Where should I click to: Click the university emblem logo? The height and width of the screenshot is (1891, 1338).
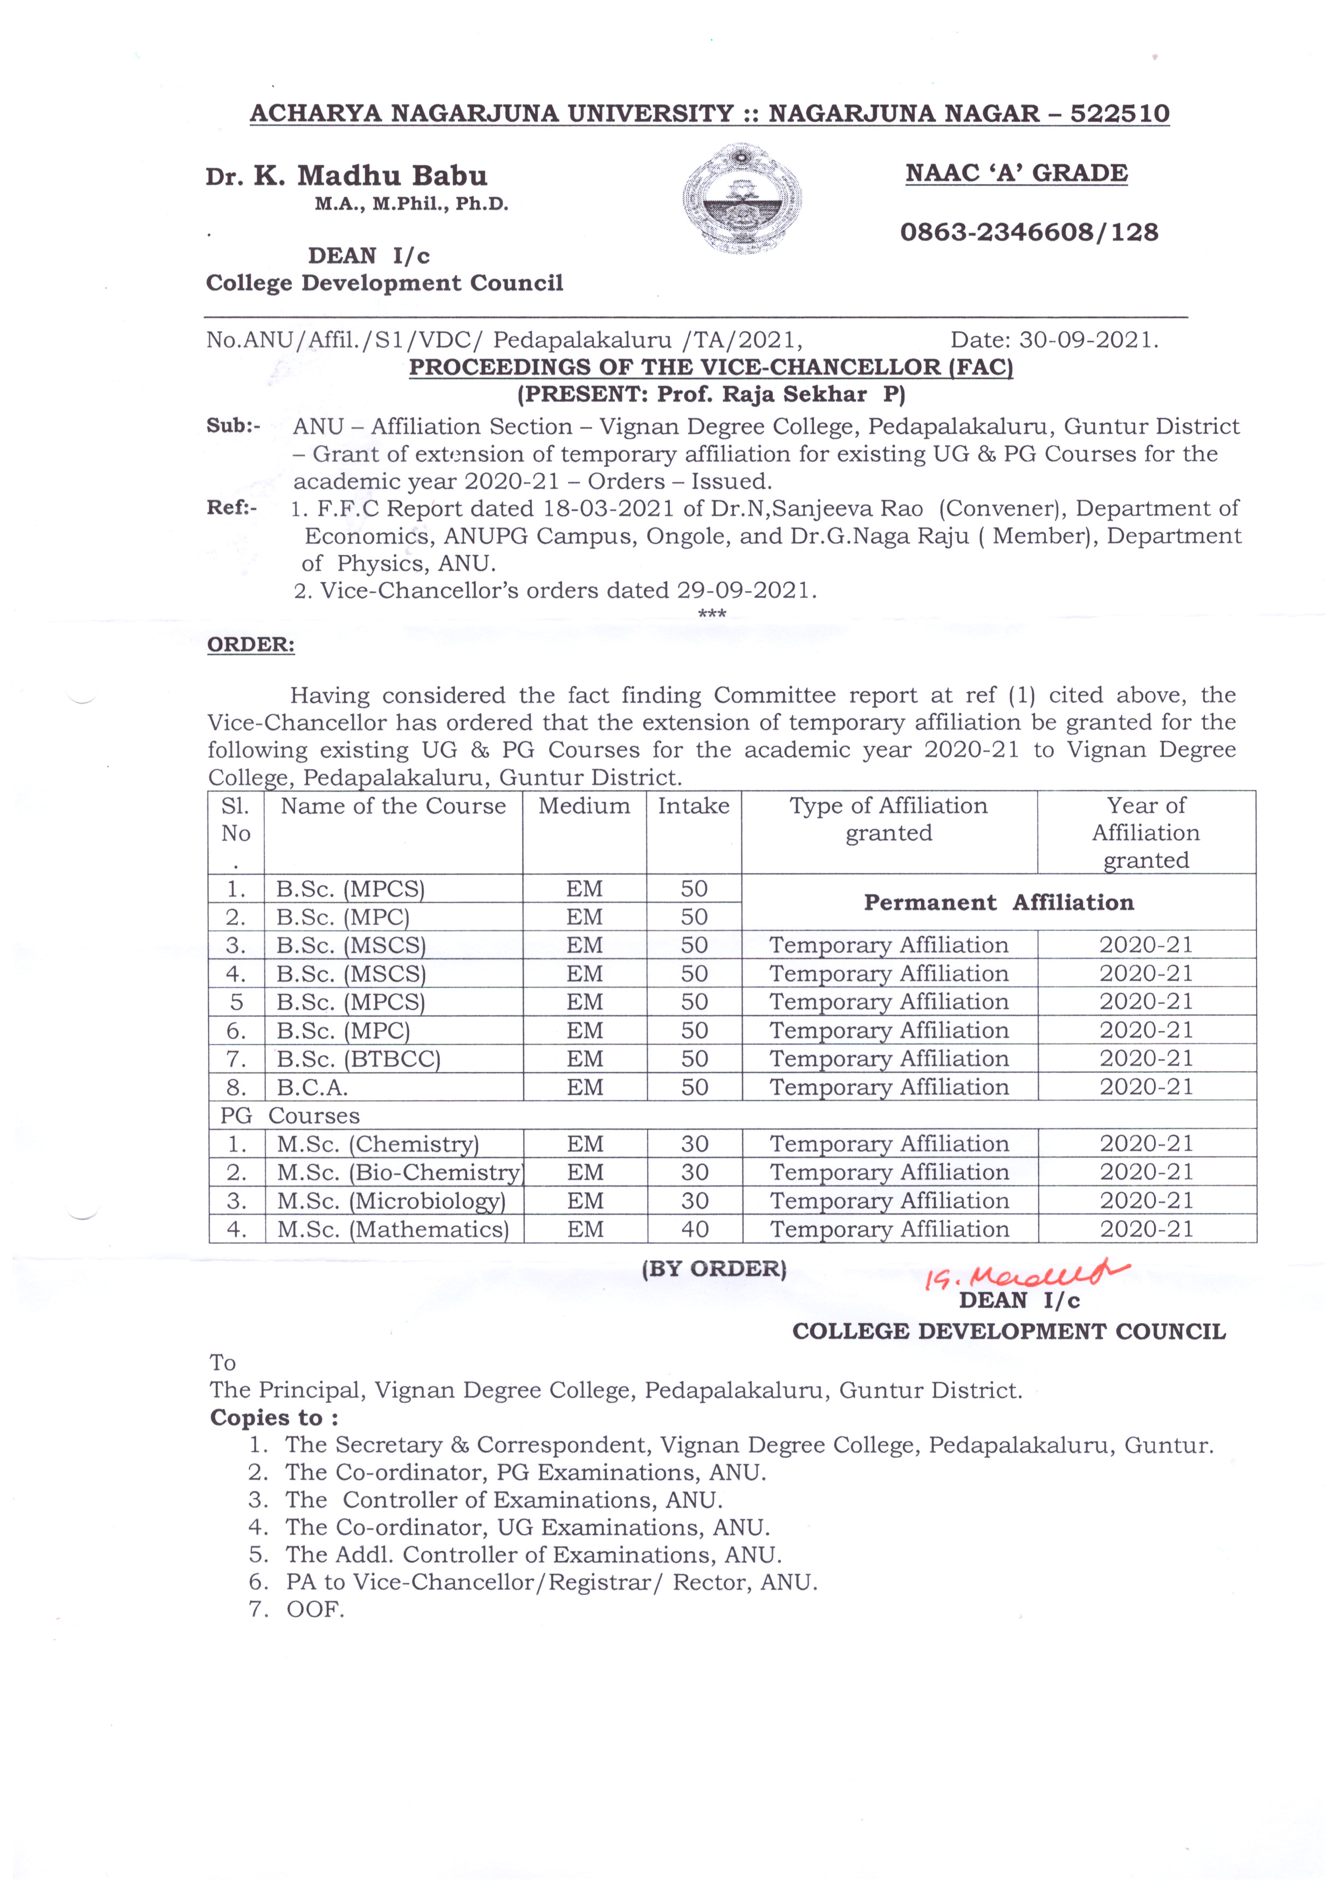pyautogui.click(x=742, y=198)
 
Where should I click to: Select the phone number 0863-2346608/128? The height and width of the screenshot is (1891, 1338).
pyautogui.click(x=1029, y=232)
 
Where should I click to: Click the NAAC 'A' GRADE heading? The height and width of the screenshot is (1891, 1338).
pyautogui.click(x=1016, y=173)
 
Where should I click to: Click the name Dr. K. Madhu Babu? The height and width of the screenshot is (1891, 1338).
pyautogui.click(x=347, y=175)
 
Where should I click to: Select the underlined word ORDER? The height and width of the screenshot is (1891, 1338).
pyautogui.click(x=250, y=644)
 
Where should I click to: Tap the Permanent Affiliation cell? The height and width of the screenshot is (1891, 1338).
pyautogui.click(x=999, y=903)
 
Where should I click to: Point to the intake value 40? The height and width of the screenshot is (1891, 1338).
pyautogui.click(x=695, y=1229)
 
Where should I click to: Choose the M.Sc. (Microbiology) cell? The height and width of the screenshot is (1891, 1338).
pyautogui.click(x=392, y=1201)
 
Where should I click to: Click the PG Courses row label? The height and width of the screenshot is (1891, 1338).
pyautogui.click(x=290, y=1115)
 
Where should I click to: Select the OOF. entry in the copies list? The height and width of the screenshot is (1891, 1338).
pyautogui.click(x=315, y=1609)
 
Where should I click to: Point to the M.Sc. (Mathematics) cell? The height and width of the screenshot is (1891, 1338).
pyautogui.click(x=393, y=1229)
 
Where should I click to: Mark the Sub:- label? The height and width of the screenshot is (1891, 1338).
pyautogui.click(x=233, y=426)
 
